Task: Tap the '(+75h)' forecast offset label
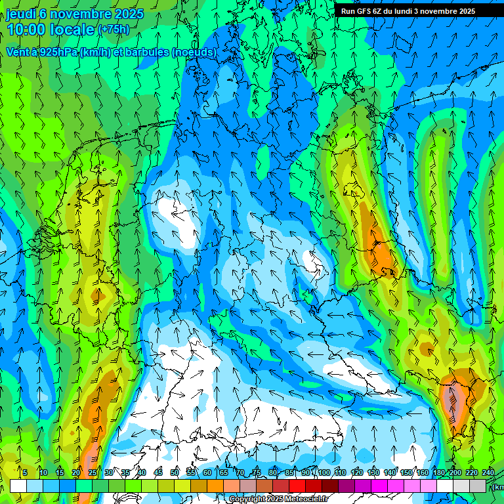[x=114, y=30]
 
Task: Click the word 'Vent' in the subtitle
[x=19, y=52]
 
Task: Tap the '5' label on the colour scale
[x=25, y=473]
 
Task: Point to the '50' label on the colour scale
[x=175, y=473]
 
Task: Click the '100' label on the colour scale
[x=324, y=473]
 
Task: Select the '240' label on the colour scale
[x=488, y=473]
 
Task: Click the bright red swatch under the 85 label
[x=297, y=486]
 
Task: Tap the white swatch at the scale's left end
[x=18, y=486]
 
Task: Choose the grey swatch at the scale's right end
[x=478, y=486]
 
